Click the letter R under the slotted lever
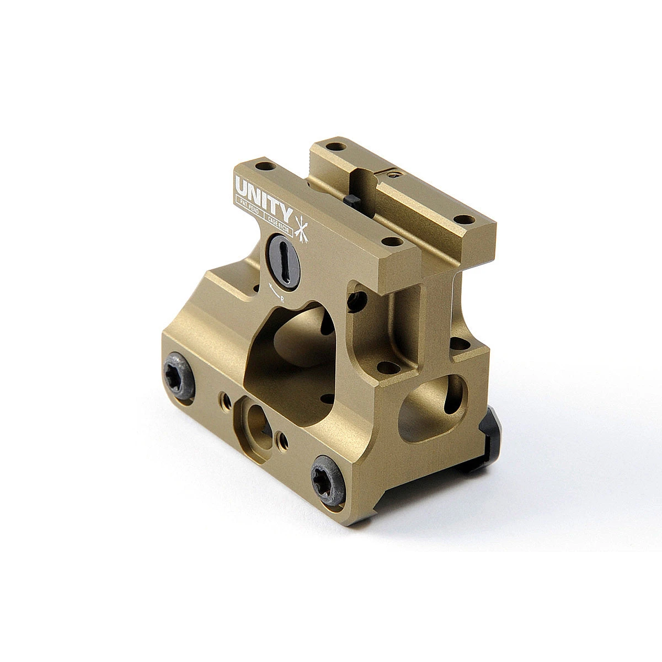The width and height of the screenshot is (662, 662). (x=282, y=298)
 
